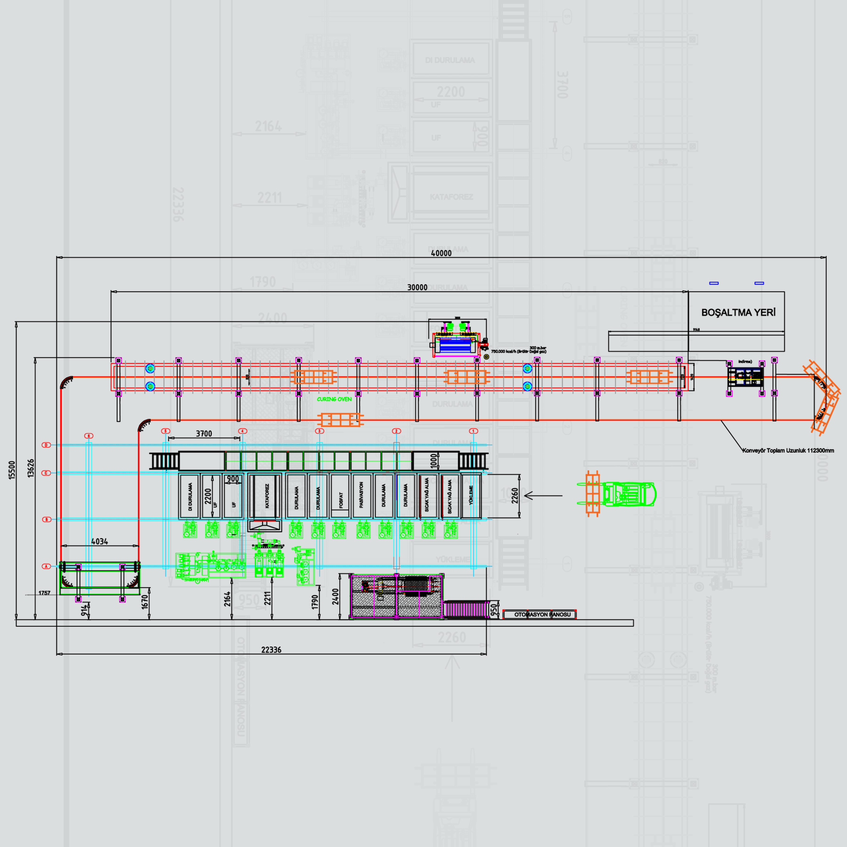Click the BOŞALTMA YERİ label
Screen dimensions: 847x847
point(738,312)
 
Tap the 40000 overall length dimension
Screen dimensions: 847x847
point(441,253)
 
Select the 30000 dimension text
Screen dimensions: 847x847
point(417,288)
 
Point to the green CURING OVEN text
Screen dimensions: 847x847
point(334,399)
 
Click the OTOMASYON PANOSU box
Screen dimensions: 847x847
point(540,615)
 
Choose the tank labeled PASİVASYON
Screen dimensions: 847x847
point(361,496)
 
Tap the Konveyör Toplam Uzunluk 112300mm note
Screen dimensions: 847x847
point(788,450)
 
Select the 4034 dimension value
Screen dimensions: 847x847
point(99,542)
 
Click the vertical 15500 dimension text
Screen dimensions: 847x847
point(12,470)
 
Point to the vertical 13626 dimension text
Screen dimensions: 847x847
point(31,468)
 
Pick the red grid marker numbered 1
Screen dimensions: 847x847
point(473,431)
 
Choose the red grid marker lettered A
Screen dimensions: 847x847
point(46,566)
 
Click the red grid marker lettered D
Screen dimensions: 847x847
point(46,445)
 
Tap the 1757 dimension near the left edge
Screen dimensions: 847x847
point(44,593)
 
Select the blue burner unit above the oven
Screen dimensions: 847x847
point(455,345)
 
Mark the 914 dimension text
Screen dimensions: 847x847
point(84,610)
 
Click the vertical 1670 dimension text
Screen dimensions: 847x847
point(144,601)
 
